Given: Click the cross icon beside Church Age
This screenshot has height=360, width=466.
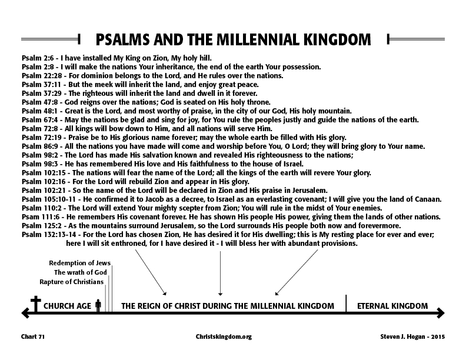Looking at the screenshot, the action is click(36, 304).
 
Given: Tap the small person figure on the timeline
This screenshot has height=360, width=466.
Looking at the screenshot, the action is click(98, 306).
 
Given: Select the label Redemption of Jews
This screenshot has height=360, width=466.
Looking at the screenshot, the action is click(79, 263).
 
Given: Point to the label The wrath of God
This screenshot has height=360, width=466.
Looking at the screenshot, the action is click(80, 272).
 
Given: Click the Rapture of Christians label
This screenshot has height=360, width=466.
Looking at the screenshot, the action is click(72, 282).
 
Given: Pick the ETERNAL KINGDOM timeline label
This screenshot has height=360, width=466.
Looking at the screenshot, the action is click(392, 306).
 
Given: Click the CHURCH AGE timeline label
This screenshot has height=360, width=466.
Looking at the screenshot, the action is click(68, 306).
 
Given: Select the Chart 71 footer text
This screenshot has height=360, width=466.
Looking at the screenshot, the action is click(33, 336).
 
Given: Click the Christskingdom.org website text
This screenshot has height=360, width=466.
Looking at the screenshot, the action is click(224, 337).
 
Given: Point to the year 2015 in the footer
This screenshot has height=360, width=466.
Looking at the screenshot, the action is click(438, 336).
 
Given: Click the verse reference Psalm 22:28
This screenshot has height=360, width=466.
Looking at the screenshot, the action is click(42, 75).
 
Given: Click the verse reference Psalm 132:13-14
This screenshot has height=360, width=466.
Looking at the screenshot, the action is click(49, 234).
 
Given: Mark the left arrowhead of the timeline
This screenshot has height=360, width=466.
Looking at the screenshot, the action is click(25, 313).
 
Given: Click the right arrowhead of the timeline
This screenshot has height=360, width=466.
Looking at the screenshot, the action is click(441, 313).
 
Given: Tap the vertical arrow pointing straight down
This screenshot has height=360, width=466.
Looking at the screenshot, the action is click(220, 274).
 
